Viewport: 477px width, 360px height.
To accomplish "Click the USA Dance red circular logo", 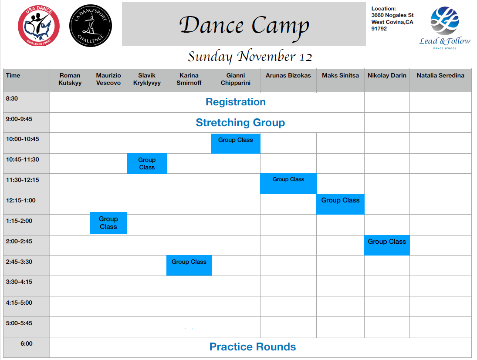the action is pos(39,26).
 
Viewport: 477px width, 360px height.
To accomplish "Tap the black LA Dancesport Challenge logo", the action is pos(91,26).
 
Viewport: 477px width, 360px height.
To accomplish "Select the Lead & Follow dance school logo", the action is pos(445,28).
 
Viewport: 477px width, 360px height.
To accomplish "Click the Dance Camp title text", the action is pos(244,26).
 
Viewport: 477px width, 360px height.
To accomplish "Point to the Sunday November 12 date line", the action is pos(250,57).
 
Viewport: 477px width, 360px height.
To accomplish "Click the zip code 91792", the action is pos(379,29).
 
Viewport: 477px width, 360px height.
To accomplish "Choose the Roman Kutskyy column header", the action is pos(70,79).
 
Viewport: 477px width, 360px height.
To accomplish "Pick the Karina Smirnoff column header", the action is pos(189,79).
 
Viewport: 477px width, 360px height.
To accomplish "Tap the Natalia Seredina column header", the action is pos(440,75).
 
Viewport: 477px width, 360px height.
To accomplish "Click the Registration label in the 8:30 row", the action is pos(236,102).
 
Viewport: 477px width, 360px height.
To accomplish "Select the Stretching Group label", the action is pos(240,122).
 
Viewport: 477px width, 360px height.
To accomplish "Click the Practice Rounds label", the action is pos(253,347).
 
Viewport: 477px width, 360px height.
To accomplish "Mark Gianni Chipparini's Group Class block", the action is pos(236,143).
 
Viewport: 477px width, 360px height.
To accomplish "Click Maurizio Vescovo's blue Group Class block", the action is pos(108,223).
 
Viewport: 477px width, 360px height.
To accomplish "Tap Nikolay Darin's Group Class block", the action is pos(387,245).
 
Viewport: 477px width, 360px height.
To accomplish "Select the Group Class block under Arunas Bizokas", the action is pos(288,183).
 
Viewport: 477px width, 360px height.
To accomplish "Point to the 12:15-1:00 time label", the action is pos(20,200).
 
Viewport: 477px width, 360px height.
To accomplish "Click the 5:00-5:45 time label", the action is pos(19,323).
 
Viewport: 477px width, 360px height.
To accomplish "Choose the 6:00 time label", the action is pos(27,343).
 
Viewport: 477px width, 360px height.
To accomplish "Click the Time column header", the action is pos(13,75).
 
